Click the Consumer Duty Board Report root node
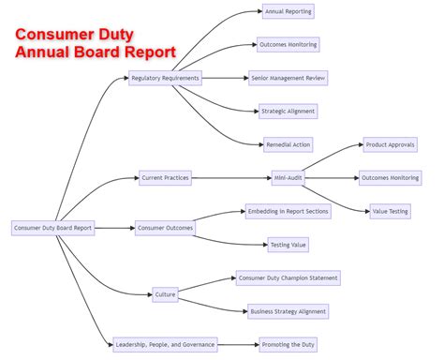click(x=53, y=228)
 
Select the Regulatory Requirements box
click(x=165, y=79)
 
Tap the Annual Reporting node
click(x=288, y=12)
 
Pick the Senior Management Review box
click(x=289, y=79)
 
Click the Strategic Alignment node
click(x=288, y=112)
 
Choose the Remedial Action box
click(x=288, y=144)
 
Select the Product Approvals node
click(x=390, y=144)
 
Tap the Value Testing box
click(x=390, y=211)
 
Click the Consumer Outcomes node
click(x=165, y=228)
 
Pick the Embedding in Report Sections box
click(x=288, y=211)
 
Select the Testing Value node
click(x=288, y=245)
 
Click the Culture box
click(x=166, y=294)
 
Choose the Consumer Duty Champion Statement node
click(x=288, y=277)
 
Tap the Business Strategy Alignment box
click(x=289, y=311)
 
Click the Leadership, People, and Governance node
click(x=165, y=344)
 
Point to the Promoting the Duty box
click(x=289, y=344)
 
